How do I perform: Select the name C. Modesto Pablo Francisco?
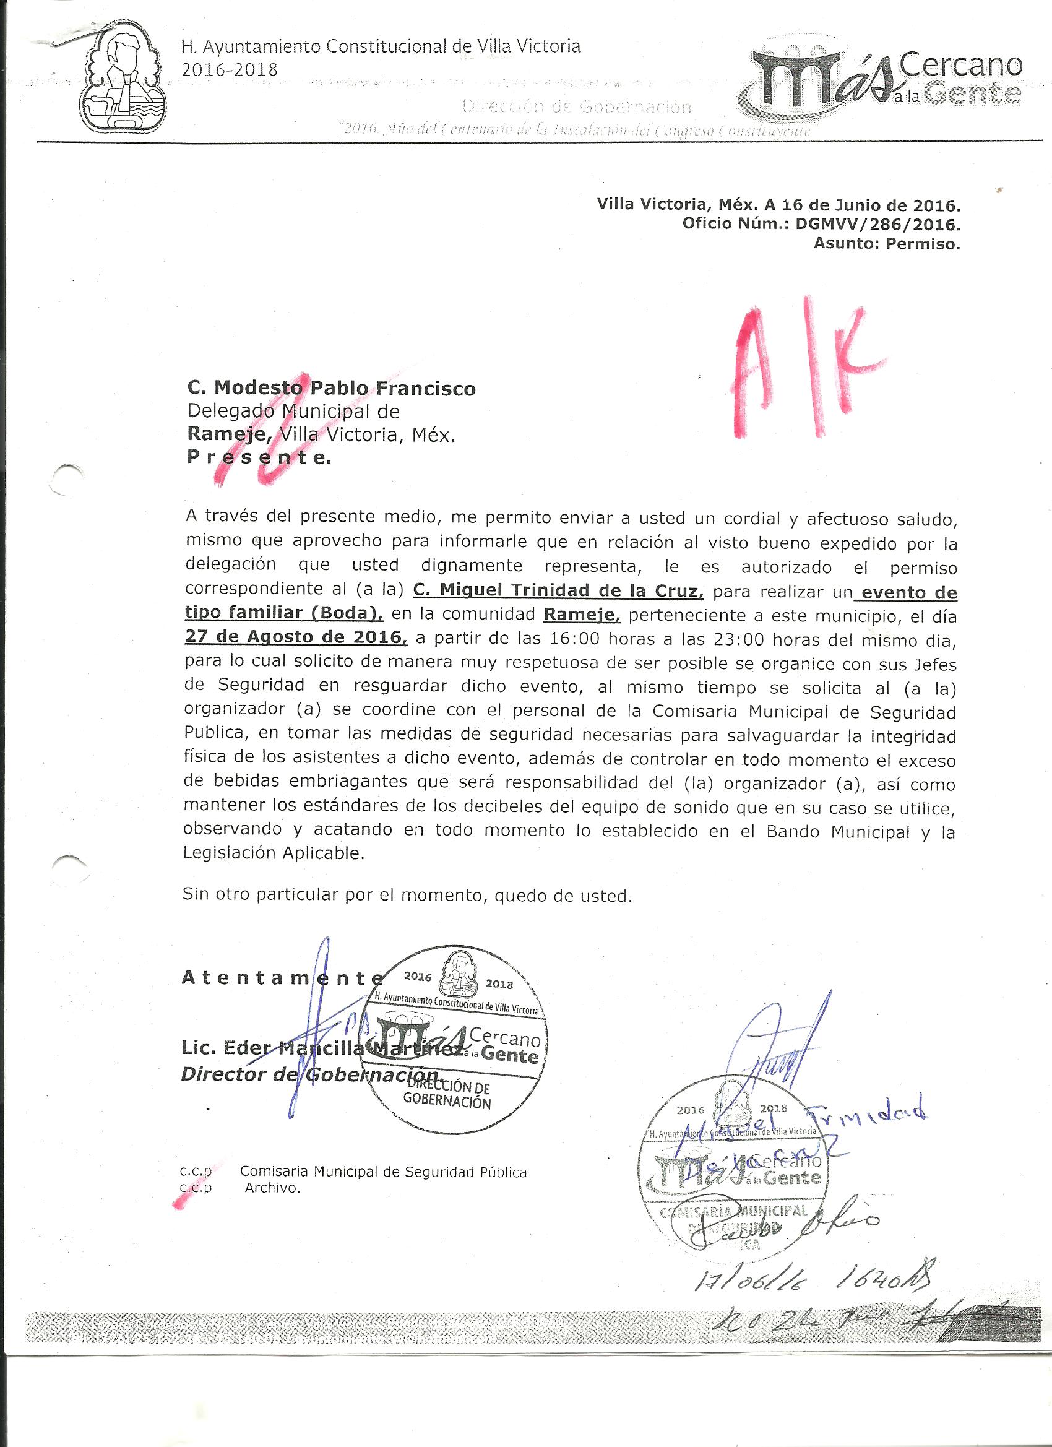(331, 388)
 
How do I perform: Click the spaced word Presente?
(259, 457)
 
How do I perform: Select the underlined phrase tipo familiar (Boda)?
(284, 614)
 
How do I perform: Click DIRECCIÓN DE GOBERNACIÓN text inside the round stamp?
(449, 1095)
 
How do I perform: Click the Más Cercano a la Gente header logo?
(886, 83)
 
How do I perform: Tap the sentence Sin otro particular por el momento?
(407, 895)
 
